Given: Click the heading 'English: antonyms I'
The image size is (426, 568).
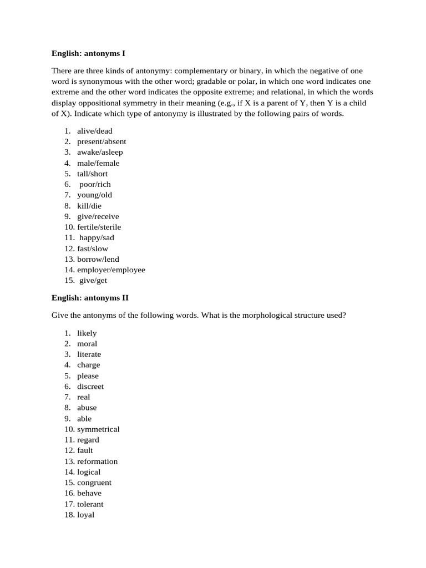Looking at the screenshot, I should click(x=88, y=53).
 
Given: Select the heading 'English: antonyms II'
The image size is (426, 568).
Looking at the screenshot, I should click(x=90, y=297).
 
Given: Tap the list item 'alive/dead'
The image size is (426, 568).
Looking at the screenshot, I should click(x=94, y=131).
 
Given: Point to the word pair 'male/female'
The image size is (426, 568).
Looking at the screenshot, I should click(x=98, y=163).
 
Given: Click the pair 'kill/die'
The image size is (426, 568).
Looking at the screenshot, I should click(x=90, y=206).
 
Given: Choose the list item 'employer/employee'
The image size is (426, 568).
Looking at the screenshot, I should click(x=111, y=270).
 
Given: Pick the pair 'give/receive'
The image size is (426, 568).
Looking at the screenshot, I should click(x=98, y=216).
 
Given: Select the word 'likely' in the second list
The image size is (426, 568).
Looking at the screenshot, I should click(x=87, y=333).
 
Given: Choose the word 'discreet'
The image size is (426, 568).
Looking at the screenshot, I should click(x=90, y=386).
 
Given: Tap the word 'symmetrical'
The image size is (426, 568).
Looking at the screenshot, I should click(x=98, y=429).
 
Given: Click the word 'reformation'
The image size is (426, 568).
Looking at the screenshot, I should click(x=98, y=461).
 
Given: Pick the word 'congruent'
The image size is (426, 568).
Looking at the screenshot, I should click(x=94, y=483).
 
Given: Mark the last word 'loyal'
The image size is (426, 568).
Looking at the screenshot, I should click(x=86, y=515).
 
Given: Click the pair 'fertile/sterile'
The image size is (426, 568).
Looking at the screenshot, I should click(x=99, y=227).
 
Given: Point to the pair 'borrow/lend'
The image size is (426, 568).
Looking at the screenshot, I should click(x=98, y=259).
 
